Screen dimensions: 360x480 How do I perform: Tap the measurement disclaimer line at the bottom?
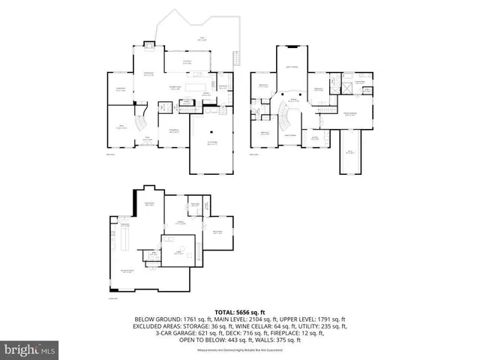pyautogui.click(x=240, y=350)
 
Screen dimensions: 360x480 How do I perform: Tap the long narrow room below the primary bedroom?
pyautogui.click(x=349, y=151)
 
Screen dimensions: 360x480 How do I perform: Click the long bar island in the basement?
pyautogui.click(x=126, y=241)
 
